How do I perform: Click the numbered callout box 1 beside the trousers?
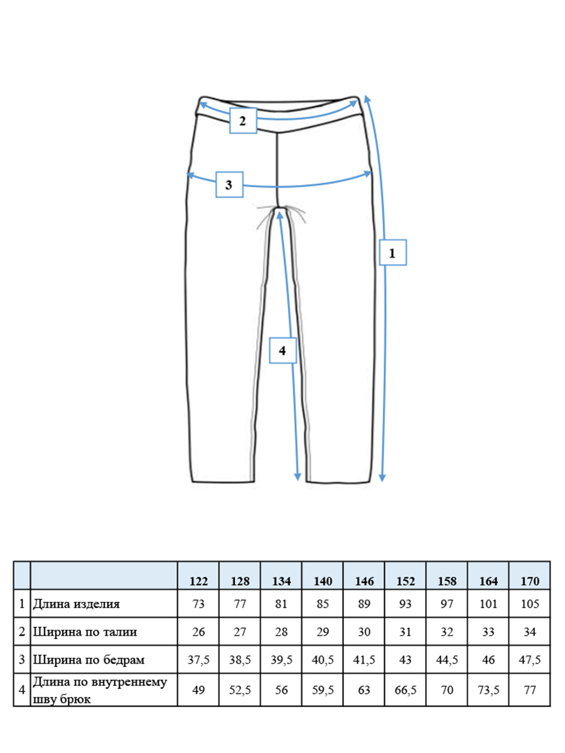pyautogui.click(x=393, y=252)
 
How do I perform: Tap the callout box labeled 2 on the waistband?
pyautogui.click(x=243, y=120)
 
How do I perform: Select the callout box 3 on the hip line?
pyautogui.click(x=229, y=184)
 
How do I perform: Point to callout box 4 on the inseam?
pyautogui.click(x=282, y=350)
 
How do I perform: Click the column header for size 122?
pyautogui.click(x=198, y=582)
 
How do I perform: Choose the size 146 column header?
pyautogui.click(x=364, y=582)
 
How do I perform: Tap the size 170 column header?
pyautogui.click(x=530, y=582)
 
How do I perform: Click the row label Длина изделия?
pyautogui.click(x=76, y=604)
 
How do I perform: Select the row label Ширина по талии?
pyautogui.click(x=85, y=631)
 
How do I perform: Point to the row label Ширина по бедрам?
pyautogui.click(x=89, y=660)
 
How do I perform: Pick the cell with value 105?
pyautogui.click(x=530, y=604)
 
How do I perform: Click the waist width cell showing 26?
pyautogui.click(x=198, y=631)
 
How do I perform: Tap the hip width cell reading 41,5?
pyautogui.click(x=364, y=660)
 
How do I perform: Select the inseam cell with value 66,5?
pyautogui.click(x=406, y=690)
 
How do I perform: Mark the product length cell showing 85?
pyautogui.click(x=323, y=604)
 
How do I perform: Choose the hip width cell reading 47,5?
pyautogui.click(x=530, y=660)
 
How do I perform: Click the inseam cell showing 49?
pyautogui.click(x=198, y=690)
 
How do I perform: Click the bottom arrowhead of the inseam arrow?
pyautogui.click(x=298, y=477)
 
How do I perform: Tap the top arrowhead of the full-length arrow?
pyautogui.click(x=367, y=99)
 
